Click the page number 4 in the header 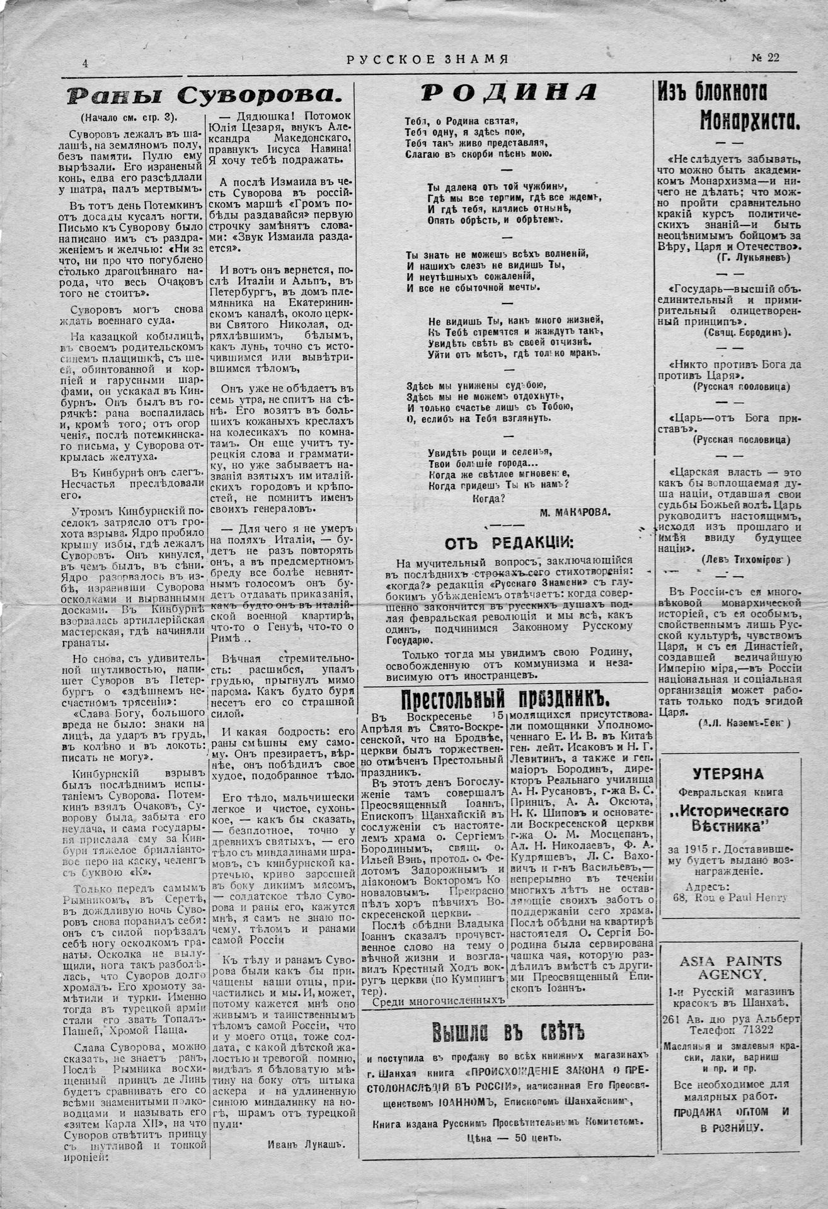(84, 63)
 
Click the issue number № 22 (765, 58)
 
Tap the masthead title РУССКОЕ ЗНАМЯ (427, 60)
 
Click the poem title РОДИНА (508, 93)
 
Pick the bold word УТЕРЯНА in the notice (728, 774)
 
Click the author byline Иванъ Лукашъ (306, 1145)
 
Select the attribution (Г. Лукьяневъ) (754, 258)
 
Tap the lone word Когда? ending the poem (488, 497)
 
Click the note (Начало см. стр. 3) (129, 116)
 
